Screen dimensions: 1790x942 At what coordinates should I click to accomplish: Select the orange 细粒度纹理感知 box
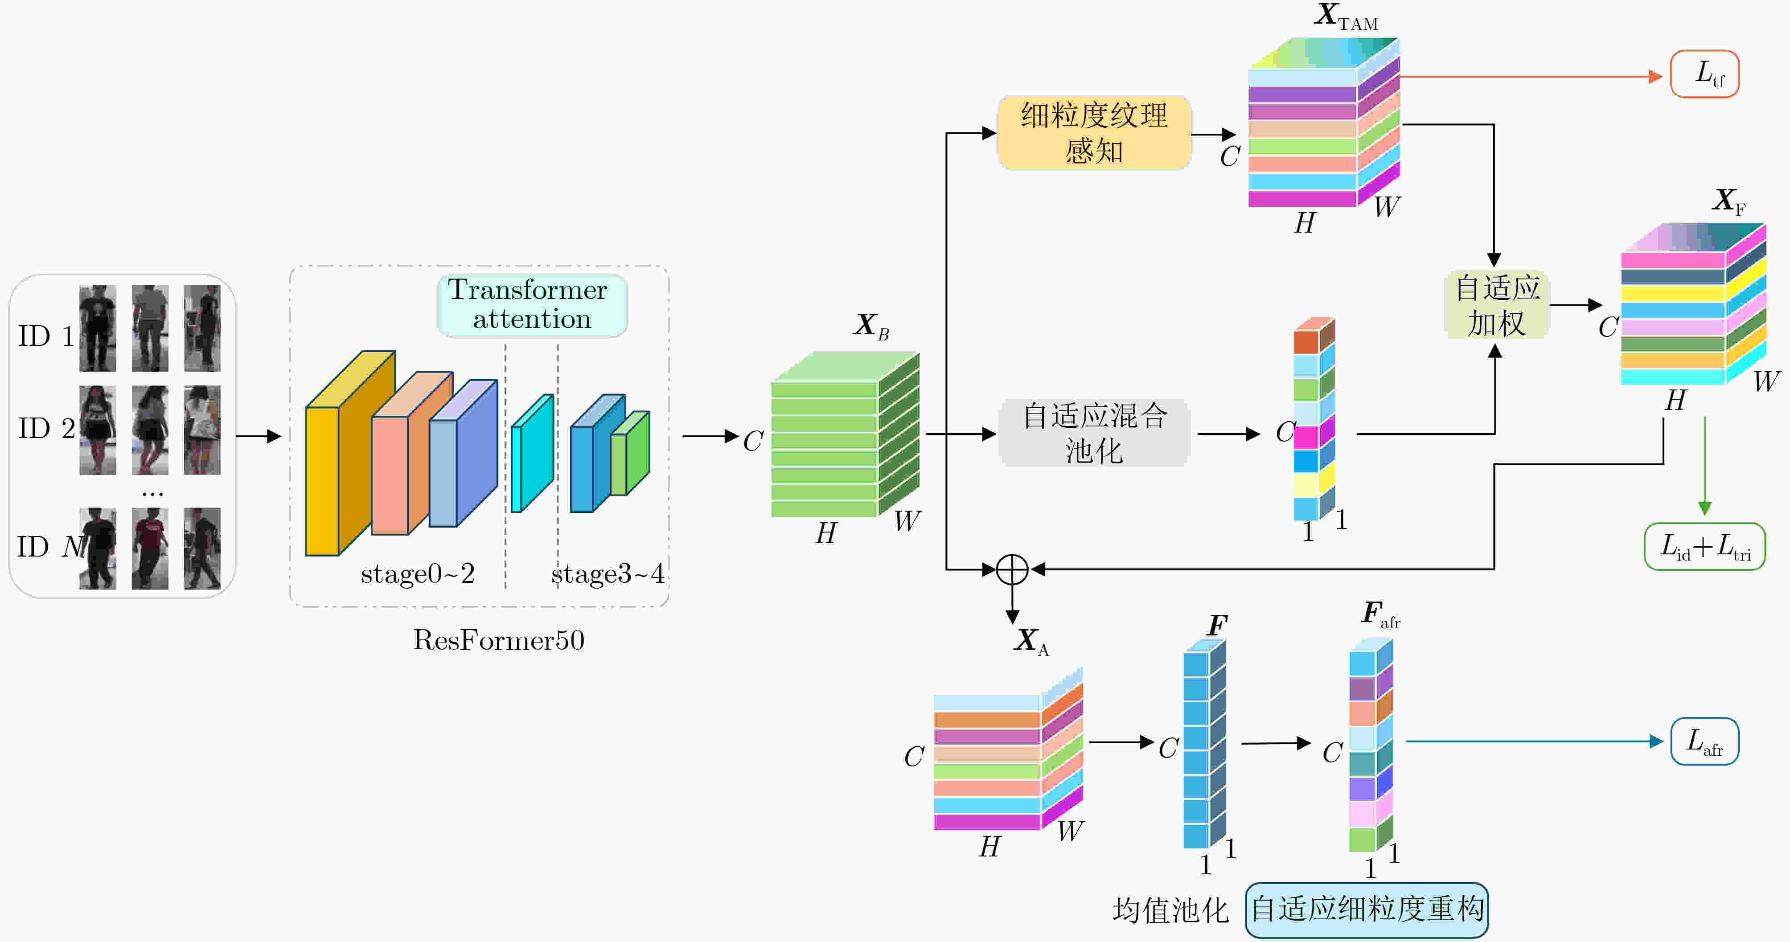[1094, 133]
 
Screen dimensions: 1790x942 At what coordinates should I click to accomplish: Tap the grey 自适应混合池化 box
[1094, 433]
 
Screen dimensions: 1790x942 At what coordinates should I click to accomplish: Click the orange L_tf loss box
[1704, 74]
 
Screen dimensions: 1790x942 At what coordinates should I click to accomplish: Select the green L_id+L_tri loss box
[1704, 547]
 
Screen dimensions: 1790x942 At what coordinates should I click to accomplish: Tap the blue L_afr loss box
[1704, 741]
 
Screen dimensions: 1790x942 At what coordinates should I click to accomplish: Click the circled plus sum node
[1012, 569]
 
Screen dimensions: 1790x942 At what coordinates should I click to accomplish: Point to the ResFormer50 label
[498, 640]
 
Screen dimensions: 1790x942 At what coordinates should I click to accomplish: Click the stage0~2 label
[418, 574]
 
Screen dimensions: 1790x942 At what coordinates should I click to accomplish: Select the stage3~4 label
[608, 574]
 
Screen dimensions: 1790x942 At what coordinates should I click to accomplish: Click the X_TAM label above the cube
[1346, 16]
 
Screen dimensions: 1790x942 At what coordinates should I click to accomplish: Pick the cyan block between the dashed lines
[532, 453]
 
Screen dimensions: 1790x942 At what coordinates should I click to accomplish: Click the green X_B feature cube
[845, 434]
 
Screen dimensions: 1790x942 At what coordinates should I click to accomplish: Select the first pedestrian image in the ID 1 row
[97, 328]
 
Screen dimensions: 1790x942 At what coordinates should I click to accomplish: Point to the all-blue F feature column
[1204, 743]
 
